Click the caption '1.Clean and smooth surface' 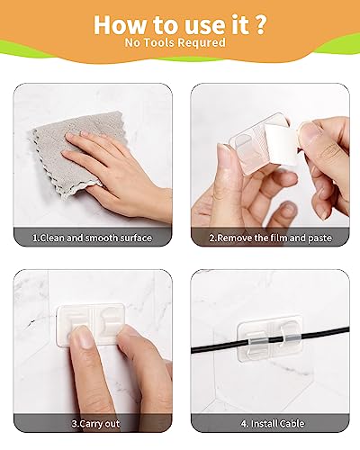click(x=92, y=238)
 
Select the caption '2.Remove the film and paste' click(x=269, y=238)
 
